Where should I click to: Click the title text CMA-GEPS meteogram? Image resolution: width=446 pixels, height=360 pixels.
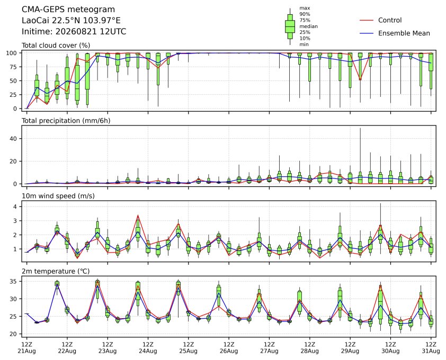(x=68, y=10)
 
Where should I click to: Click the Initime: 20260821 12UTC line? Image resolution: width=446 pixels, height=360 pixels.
(x=74, y=31)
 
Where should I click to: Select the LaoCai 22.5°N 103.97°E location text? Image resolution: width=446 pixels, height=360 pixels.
(x=71, y=21)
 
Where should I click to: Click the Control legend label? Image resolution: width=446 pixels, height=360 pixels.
(x=390, y=20)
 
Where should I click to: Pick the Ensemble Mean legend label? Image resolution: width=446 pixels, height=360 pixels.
(x=404, y=33)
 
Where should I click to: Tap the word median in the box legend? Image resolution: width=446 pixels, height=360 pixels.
(x=308, y=26)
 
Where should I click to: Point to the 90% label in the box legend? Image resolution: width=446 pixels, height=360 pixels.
(x=305, y=14)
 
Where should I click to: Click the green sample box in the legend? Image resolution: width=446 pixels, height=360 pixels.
(x=290, y=26)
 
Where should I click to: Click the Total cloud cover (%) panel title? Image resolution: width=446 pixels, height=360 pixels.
(x=56, y=46)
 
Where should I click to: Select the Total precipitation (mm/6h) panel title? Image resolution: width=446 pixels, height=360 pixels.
(x=66, y=121)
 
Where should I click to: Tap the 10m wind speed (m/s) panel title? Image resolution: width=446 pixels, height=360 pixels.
(x=58, y=196)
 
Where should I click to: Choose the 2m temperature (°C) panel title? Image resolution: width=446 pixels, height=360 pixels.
(x=56, y=271)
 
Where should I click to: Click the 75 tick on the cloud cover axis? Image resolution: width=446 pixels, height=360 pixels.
(x=14, y=67)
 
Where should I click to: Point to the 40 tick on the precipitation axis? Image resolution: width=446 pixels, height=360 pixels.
(x=14, y=139)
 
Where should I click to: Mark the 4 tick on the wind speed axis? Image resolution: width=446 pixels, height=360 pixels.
(x=16, y=206)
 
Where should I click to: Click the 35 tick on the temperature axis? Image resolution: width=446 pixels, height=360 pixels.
(x=14, y=281)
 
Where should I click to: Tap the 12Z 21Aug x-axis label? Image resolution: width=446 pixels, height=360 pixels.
(x=26, y=347)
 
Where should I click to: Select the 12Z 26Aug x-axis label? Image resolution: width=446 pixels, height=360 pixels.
(x=229, y=347)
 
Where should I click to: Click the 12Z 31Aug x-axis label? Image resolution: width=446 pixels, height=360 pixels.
(x=431, y=347)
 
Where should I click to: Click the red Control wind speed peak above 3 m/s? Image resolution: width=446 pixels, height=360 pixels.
(x=138, y=215)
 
